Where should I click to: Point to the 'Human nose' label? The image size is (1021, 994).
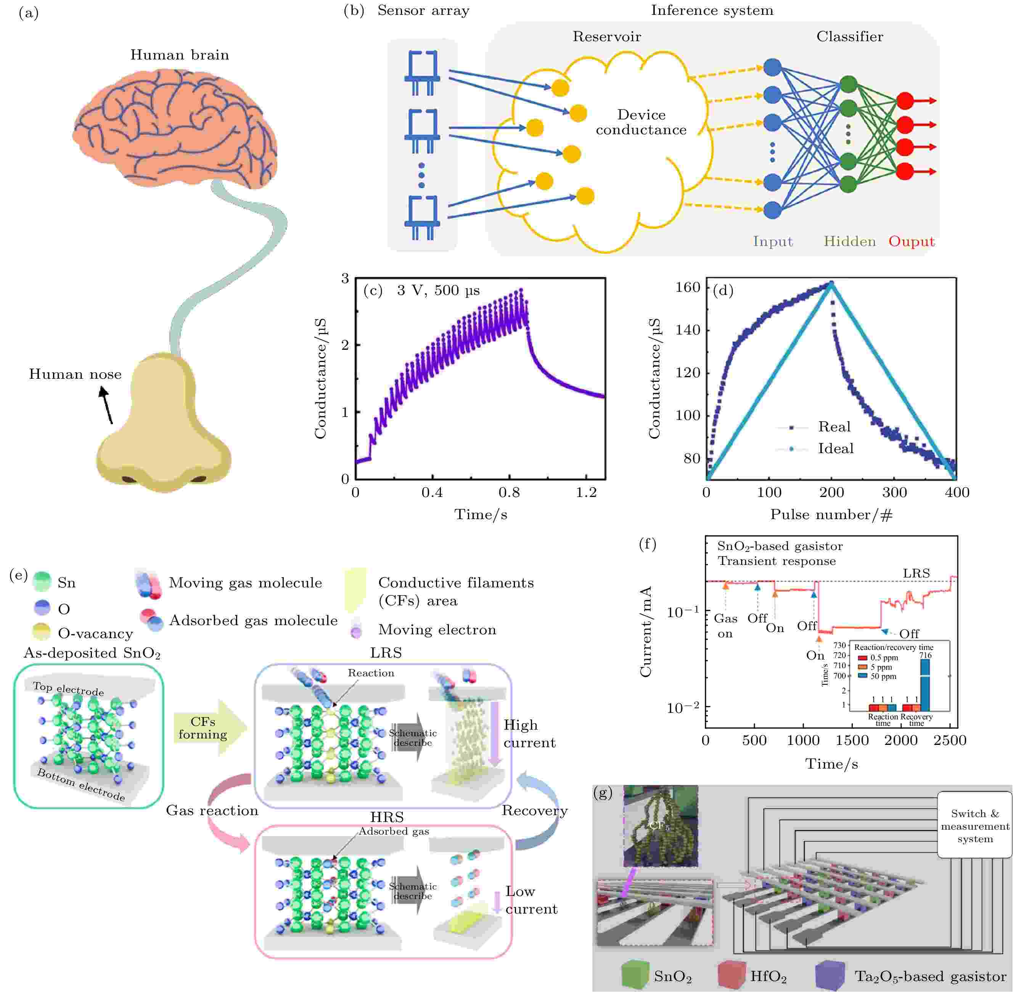[x=75, y=374]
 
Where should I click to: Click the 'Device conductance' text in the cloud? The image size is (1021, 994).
[x=641, y=122]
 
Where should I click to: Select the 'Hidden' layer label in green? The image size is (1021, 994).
[x=849, y=241]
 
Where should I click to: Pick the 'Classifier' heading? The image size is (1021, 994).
[x=849, y=37]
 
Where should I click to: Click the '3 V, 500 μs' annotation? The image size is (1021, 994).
[x=437, y=291]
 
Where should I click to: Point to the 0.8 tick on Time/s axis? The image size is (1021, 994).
[x=509, y=492]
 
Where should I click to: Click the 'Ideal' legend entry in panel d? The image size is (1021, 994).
[x=835, y=449]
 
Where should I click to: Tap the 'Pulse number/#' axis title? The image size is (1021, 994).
[x=831, y=515]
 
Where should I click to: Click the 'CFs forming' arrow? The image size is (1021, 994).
[x=206, y=728]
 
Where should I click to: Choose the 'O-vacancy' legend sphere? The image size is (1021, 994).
[x=41, y=632]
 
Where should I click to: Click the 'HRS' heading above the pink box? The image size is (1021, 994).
[x=387, y=817]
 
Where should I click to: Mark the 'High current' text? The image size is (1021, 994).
[x=529, y=733]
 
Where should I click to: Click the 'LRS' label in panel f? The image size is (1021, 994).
[x=916, y=573]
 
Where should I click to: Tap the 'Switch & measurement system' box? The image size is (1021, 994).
[x=974, y=826]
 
